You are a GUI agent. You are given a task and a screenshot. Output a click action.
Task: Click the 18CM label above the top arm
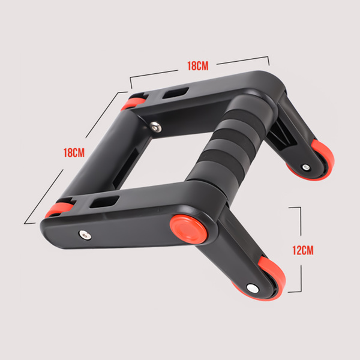tap(198, 66)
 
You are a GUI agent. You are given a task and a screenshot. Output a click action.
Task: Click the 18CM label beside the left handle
tap(74, 152)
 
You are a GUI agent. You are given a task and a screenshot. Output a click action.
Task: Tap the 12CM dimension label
tap(303, 250)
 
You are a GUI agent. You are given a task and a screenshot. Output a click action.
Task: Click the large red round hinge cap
tap(188, 229)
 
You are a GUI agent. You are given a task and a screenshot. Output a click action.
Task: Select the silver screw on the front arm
tap(85, 235)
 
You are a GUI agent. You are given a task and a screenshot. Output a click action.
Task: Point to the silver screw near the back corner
tap(155, 127)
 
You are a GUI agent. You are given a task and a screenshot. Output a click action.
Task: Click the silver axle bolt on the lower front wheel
tap(253, 289)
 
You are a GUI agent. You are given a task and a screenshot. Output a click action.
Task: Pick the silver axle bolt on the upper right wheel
tap(306, 167)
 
